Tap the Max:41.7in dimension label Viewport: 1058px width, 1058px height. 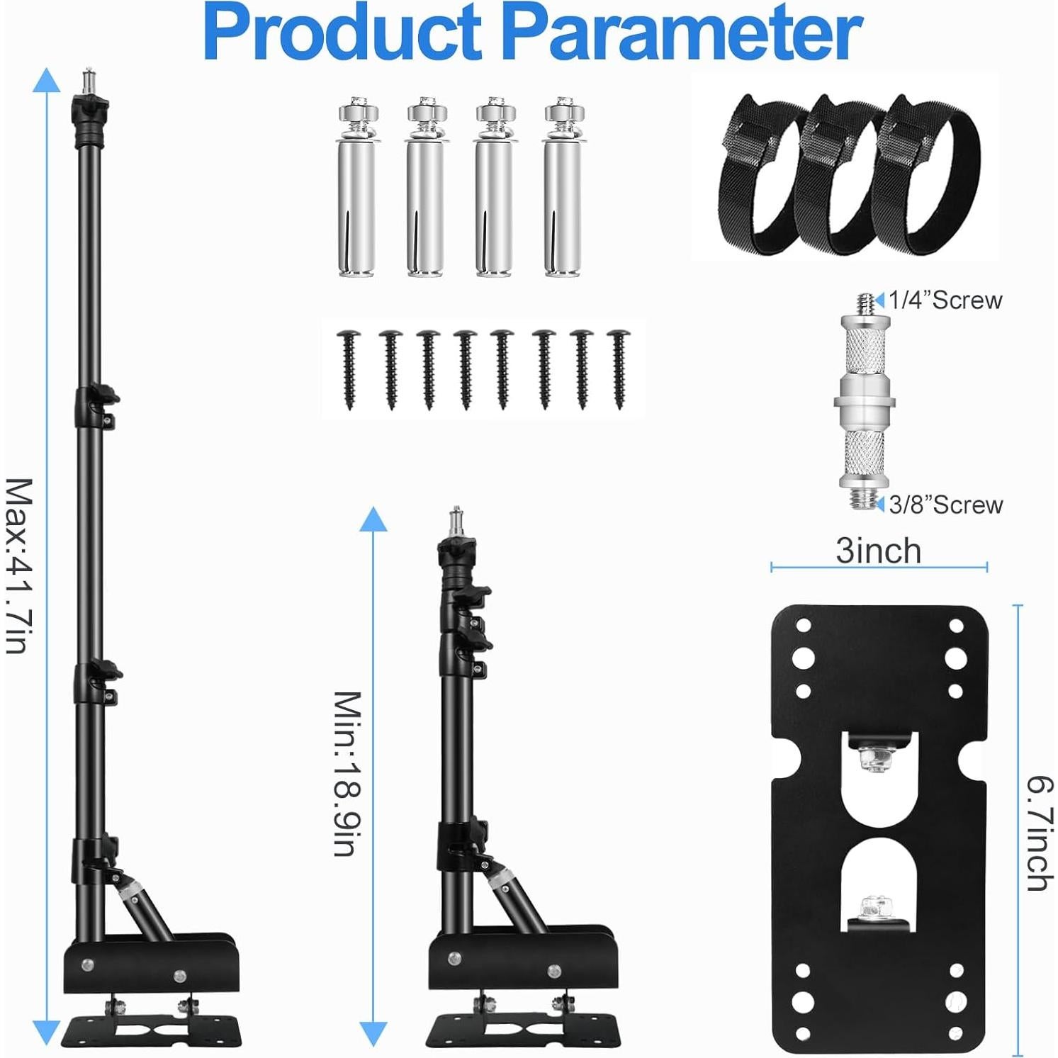20,565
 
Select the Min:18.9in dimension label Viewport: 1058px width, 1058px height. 348,773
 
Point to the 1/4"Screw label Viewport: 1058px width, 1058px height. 945,300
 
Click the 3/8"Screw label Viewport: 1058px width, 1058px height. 945,505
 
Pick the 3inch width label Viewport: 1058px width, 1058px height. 878,551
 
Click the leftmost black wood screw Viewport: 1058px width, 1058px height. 349,368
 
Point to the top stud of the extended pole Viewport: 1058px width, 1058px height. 89,78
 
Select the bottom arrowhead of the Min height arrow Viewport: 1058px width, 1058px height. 373,1032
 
